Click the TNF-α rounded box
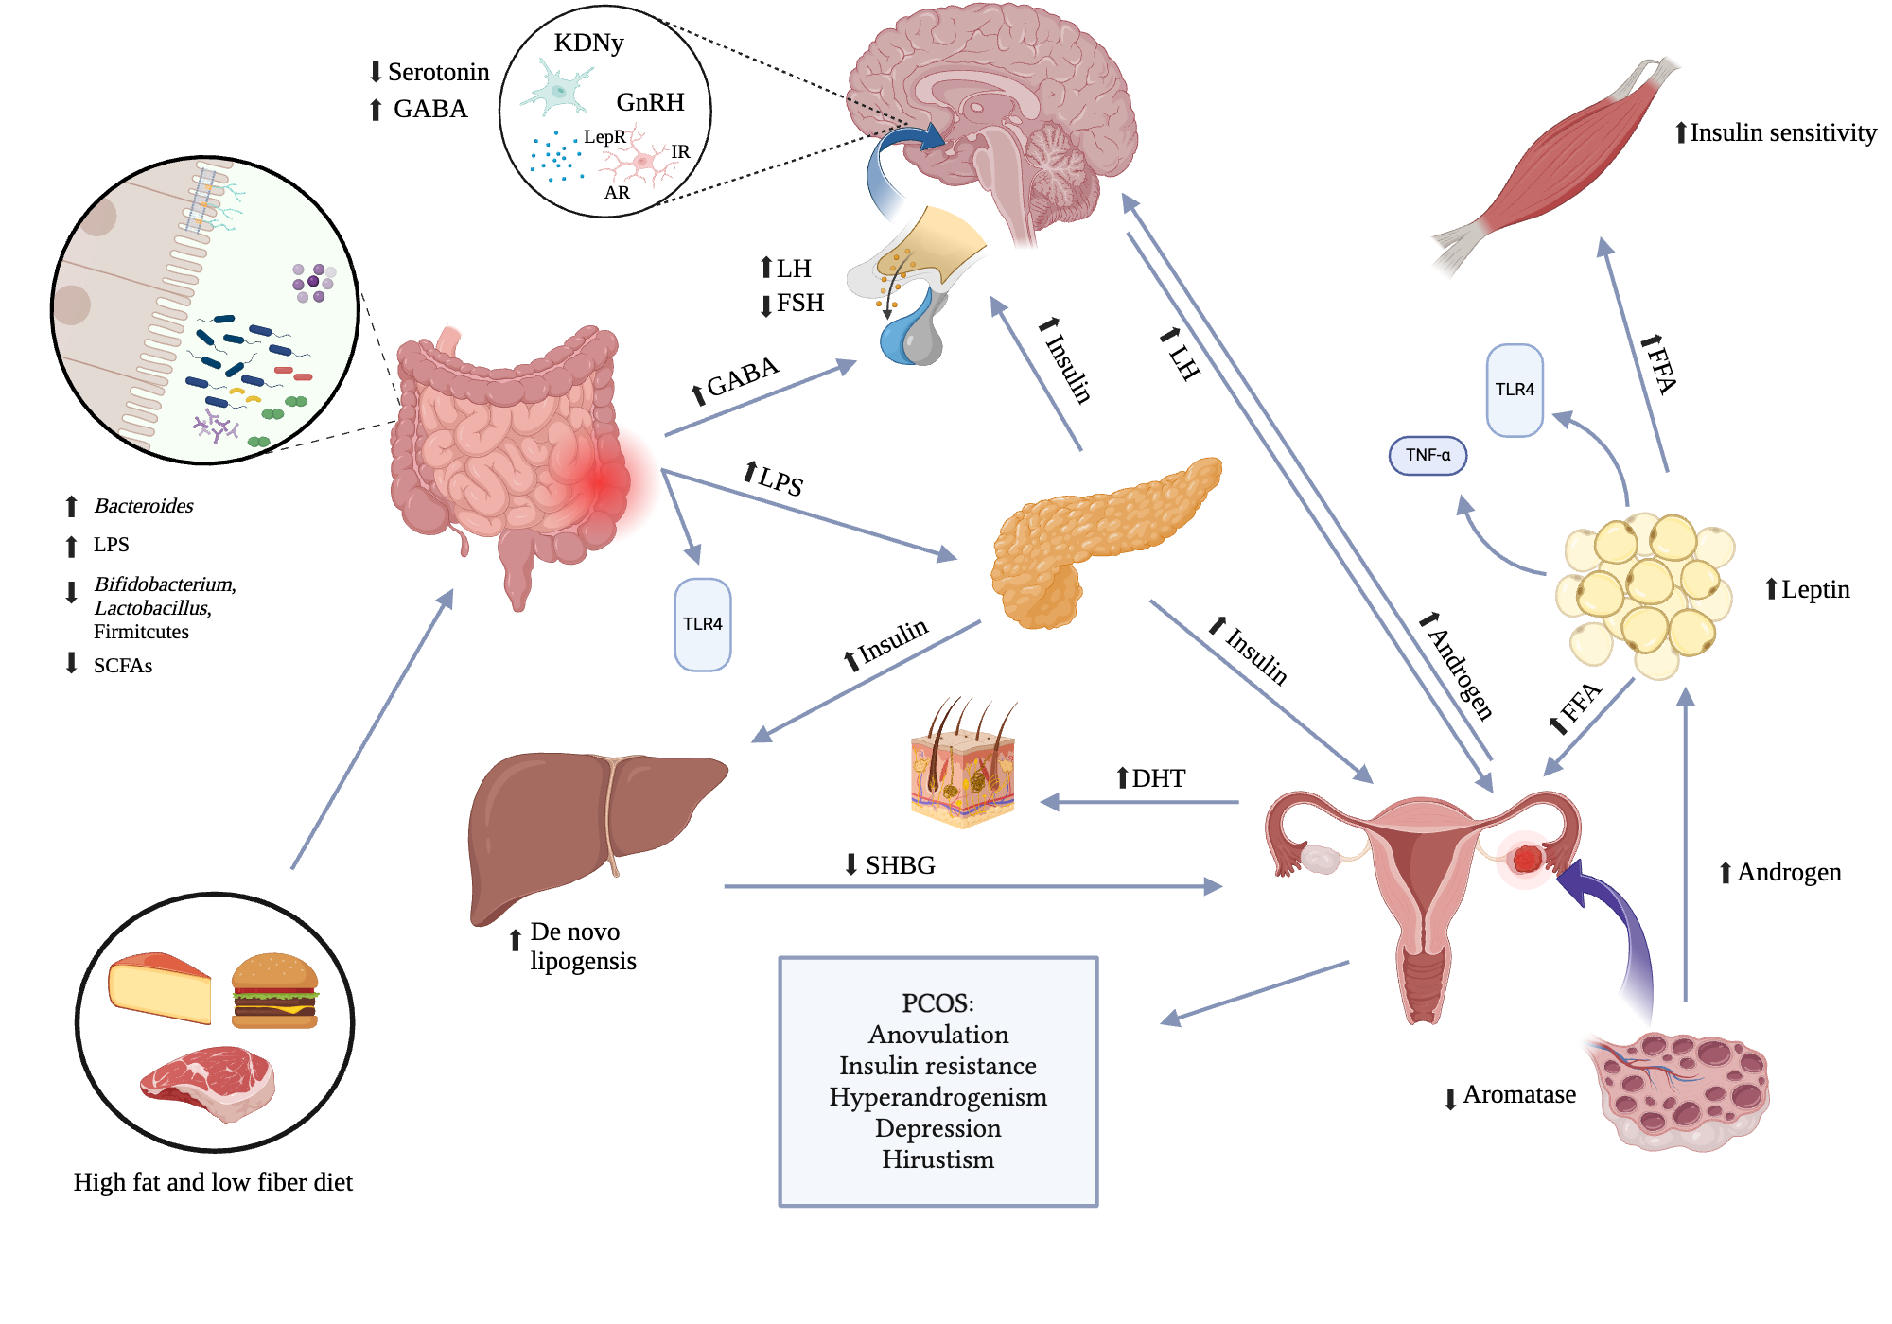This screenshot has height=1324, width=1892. pyautogui.click(x=1428, y=455)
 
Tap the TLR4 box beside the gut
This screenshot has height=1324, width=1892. pyautogui.click(x=702, y=624)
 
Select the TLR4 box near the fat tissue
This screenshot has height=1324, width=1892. pyautogui.click(x=1515, y=390)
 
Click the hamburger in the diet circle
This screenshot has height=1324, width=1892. pyautogui.click(x=274, y=990)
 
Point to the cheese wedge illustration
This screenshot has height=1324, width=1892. pyautogui.click(x=159, y=987)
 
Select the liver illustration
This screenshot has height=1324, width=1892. pyautogui.click(x=587, y=823)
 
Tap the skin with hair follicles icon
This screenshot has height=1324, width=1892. pyautogui.click(x=963, y=766)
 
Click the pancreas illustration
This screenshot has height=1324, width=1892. pyautogui.click(x=1088, y=539)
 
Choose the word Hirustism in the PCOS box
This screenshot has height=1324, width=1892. pyautogui.click(x=937, y=1159)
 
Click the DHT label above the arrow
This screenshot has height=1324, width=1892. pyautogui.click(x=1158, y=778)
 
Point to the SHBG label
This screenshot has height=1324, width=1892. pyautogui.click(x=900, y=865)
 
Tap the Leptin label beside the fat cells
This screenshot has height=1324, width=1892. pyautogui.click(x=1814, y=589)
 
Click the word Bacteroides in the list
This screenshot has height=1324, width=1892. pyautogui.click(x=144, y=506)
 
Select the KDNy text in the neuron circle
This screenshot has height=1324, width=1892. pyautogui.click(x=588, y=43)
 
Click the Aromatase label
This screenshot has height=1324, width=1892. pyautogui.click(x=1518, y=1094)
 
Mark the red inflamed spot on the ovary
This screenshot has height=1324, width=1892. pyautogui.click(x=1526, y=859)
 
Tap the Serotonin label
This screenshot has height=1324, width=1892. pyautogui.click(x=438, y=72)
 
